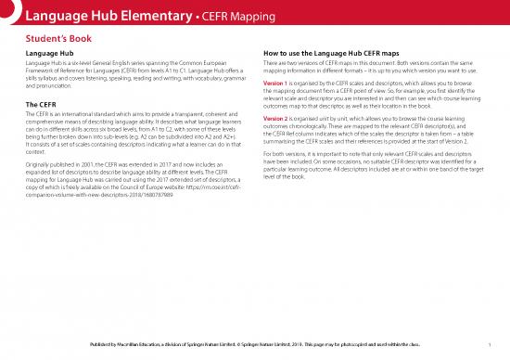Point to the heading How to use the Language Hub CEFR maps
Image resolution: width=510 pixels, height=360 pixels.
pyautogui.click(x=338, y=53)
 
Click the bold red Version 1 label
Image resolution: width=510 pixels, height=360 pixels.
pyautogui.click(x=278, y=84)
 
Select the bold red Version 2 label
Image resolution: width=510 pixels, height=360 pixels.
pyautogui.click(x=278, y=119)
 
